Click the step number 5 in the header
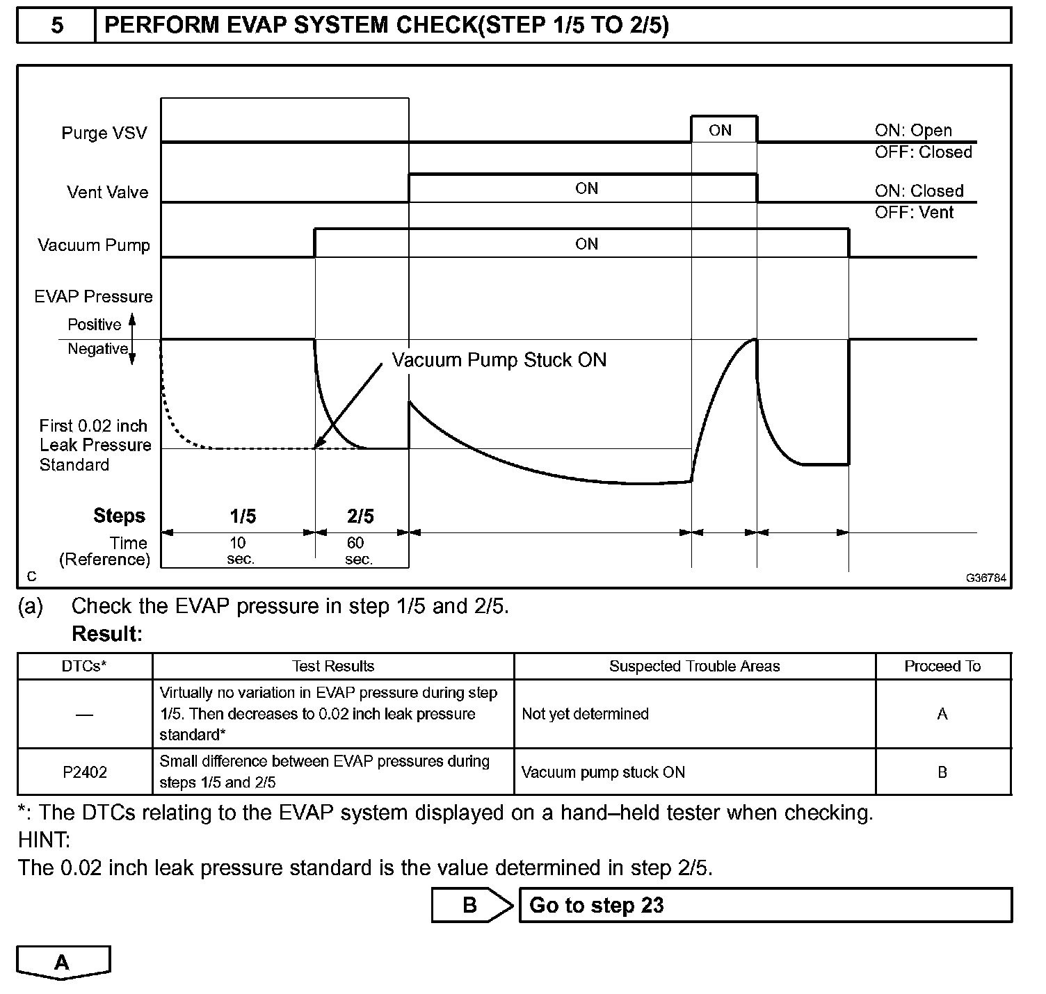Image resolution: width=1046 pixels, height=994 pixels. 56,26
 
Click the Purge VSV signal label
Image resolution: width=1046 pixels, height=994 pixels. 104,133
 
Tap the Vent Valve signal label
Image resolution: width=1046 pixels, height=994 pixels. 108,192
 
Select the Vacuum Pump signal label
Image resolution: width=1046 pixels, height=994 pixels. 94,245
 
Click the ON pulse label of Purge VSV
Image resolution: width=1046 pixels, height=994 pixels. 721,130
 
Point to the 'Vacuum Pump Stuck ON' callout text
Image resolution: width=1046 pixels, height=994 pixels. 499,360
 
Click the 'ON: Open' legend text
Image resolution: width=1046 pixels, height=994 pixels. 913,130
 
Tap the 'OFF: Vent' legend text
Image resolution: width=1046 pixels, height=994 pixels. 914,212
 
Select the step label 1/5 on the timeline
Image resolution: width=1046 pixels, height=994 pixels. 243,516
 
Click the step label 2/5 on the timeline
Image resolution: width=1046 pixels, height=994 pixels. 360,516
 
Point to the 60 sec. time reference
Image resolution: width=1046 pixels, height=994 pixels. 358,551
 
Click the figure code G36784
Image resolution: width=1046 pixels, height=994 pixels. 985,578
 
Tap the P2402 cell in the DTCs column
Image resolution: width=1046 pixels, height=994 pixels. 85,772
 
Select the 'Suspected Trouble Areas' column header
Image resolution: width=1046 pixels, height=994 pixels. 694,666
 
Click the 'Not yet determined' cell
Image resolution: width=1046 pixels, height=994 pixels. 585,714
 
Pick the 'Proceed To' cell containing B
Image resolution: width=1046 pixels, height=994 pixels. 942,772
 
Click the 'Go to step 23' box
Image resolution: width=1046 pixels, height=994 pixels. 765,905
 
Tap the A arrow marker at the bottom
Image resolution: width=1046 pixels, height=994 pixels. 63,963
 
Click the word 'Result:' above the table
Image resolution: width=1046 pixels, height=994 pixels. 107,634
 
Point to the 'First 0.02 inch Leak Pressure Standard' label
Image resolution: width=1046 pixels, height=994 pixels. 95,445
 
